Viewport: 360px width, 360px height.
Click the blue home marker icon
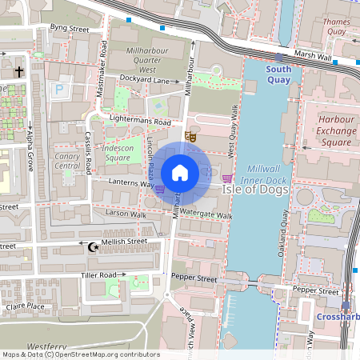tap(181, 173)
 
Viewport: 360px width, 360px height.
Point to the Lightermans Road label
tap(141, 122)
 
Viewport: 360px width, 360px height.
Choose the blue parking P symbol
tap(58, 91)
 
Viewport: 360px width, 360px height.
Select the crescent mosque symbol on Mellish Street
tap(94, 247)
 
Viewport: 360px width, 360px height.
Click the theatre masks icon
tap(190, 137)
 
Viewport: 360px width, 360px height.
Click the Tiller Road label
tap(98, 275)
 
